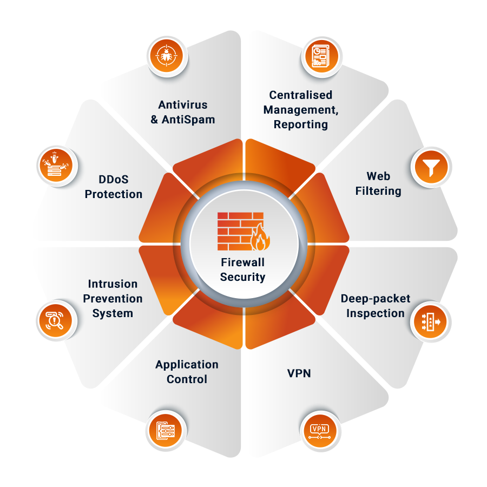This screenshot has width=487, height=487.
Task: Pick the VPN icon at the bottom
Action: coord(320,430)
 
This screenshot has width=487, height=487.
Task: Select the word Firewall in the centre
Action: coord(243,262)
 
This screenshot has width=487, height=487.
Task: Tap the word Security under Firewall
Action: coord(243,277)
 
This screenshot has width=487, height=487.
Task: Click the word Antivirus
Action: coord(183,104)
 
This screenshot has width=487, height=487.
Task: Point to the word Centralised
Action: coord(301,95)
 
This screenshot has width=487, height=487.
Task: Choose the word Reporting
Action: coord(301,124)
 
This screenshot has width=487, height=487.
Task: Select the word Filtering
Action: coord(378,190)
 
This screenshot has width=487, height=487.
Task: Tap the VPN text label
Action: coord(299,373)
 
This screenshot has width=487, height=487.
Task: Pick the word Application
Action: coord(187,365)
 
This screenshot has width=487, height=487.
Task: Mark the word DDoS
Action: coord(114,179)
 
